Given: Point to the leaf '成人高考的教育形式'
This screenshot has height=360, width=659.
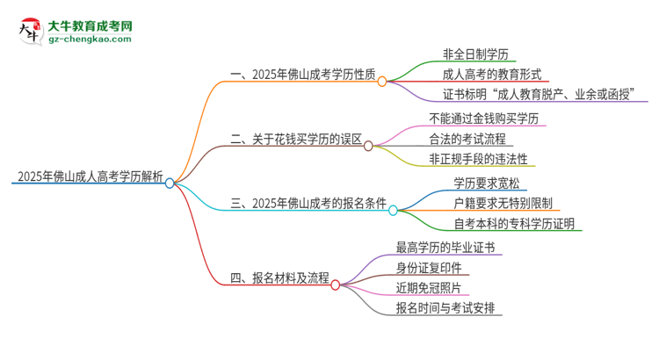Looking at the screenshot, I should point(492,74).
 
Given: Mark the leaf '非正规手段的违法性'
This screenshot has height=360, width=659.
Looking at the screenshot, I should point(478,160).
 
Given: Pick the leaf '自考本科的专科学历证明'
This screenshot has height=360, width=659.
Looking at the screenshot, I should point(513,225).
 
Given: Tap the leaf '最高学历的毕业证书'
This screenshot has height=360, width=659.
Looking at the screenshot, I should point(446,248).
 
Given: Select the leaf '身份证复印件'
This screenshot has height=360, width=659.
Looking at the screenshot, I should point(429,267).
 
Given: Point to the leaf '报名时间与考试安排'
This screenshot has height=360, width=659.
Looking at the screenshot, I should point(448,308).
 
